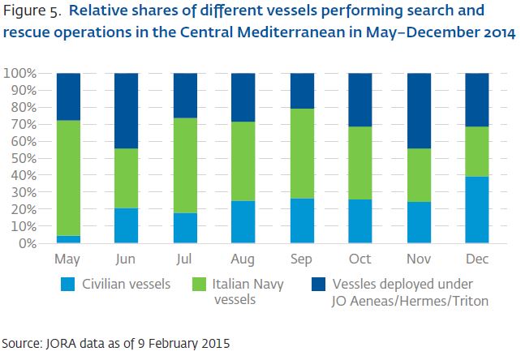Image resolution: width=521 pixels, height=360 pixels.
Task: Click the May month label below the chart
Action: tap(68, 259)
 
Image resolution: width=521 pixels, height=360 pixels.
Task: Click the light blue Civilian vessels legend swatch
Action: tap(70, 285)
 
